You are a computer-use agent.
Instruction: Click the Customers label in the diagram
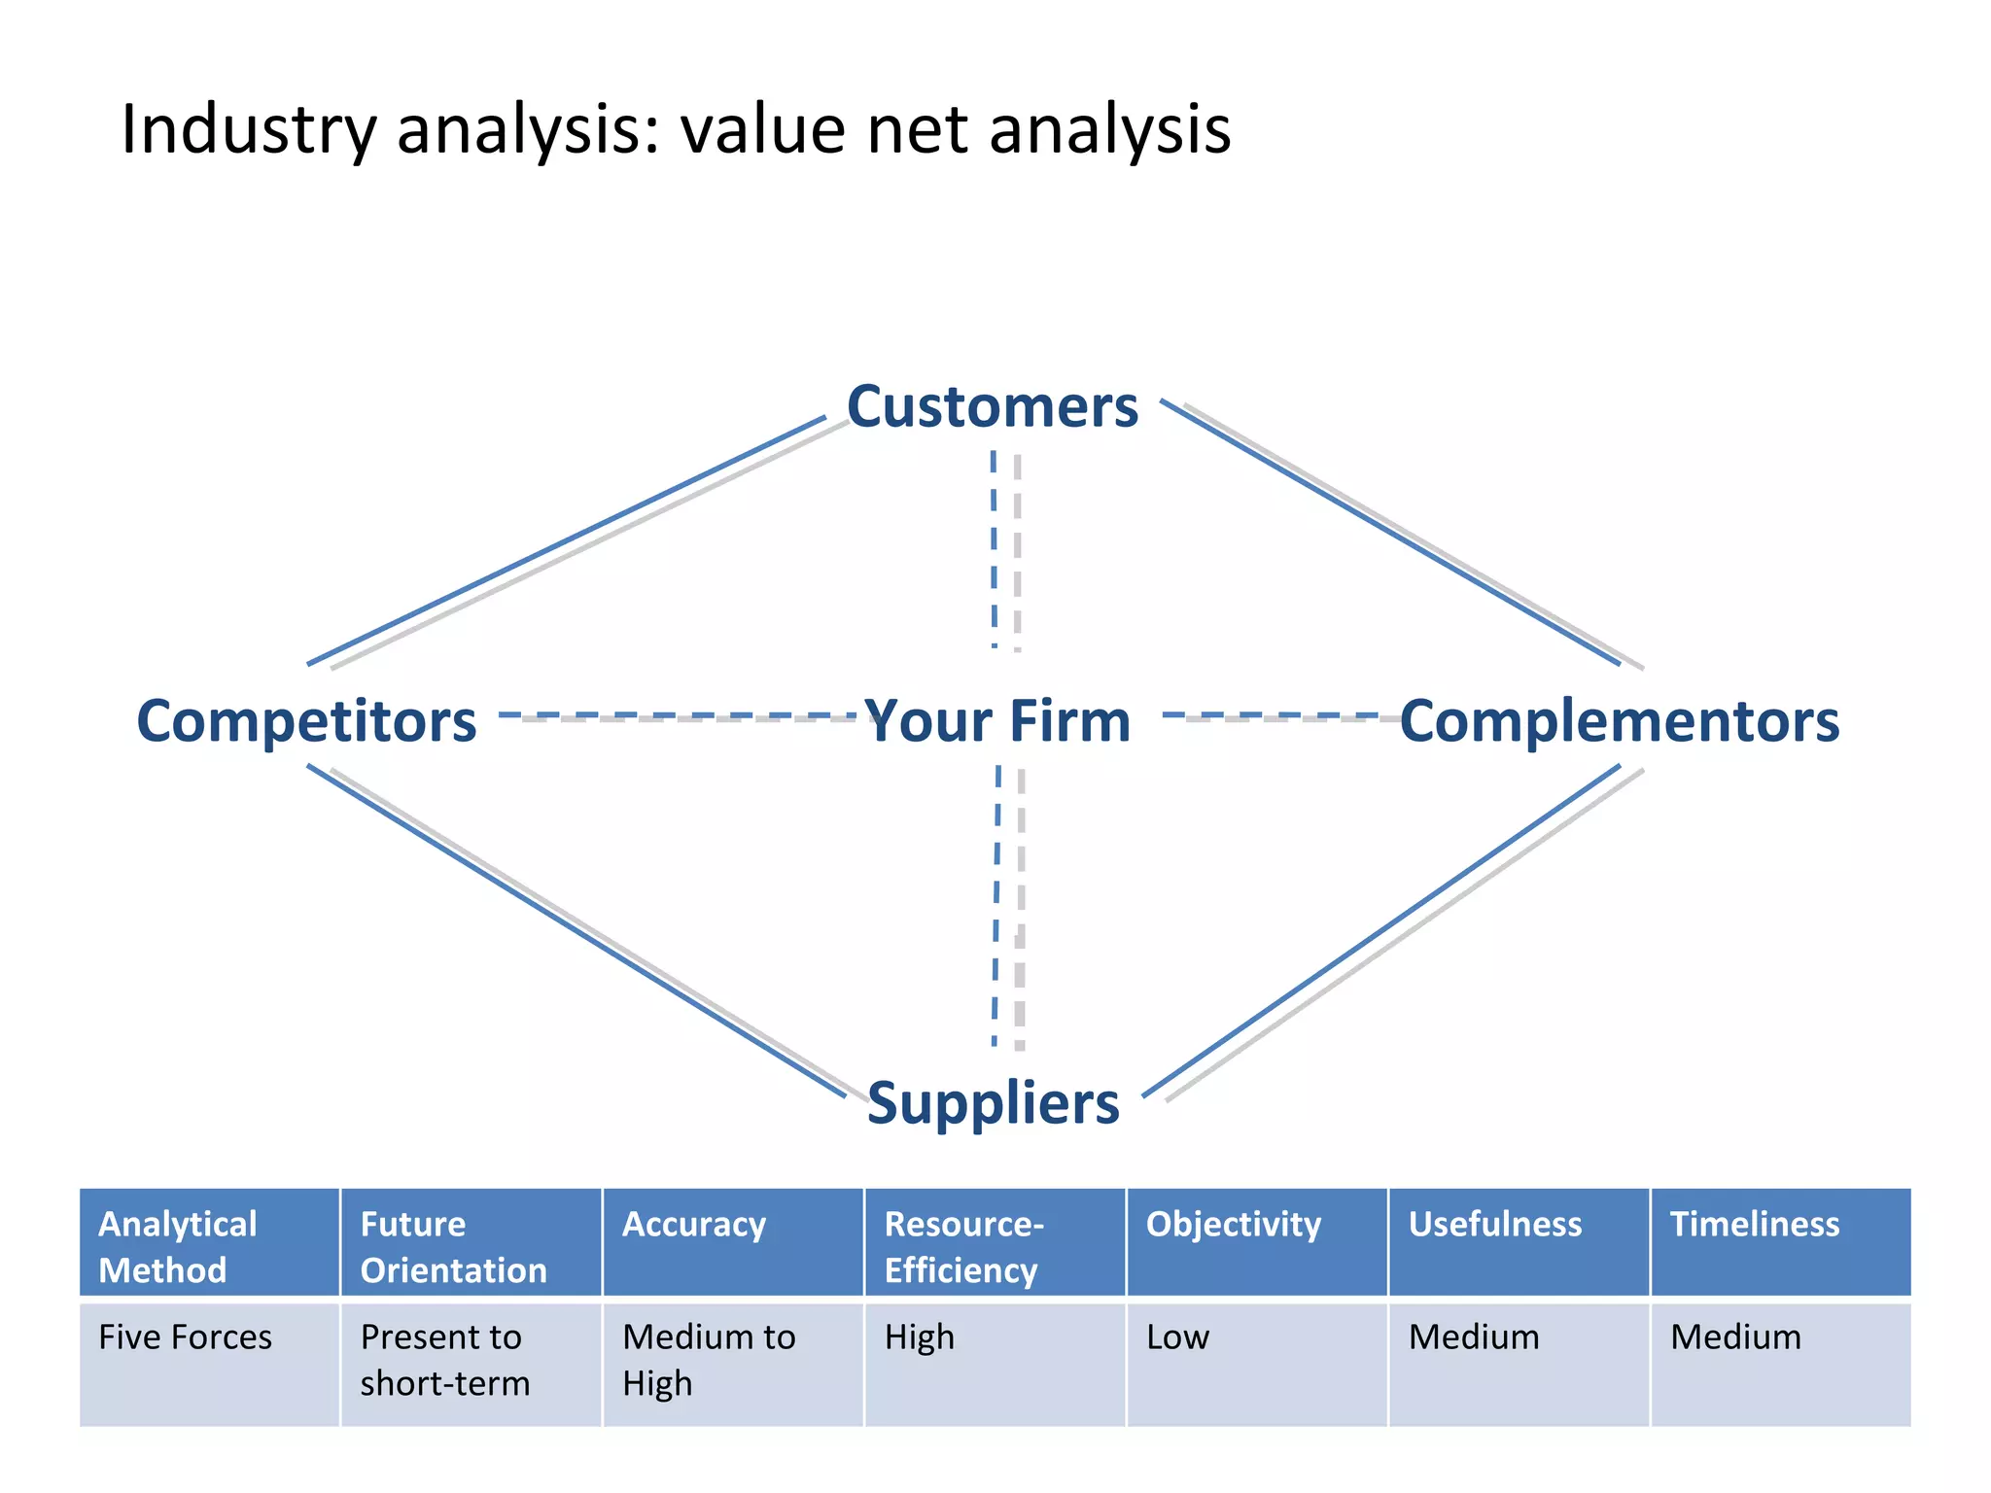pos(992,406)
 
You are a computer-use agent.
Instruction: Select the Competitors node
pos(306,721)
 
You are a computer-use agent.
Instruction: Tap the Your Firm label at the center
pos(997,721)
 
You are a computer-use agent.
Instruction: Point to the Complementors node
pos(1619,721)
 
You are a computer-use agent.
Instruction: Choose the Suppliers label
pos(993,1103)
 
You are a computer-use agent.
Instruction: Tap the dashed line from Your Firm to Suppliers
pos(996,904)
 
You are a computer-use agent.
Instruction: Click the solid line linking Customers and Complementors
pos(1390,533)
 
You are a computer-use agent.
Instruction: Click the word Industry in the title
pos(248,129)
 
